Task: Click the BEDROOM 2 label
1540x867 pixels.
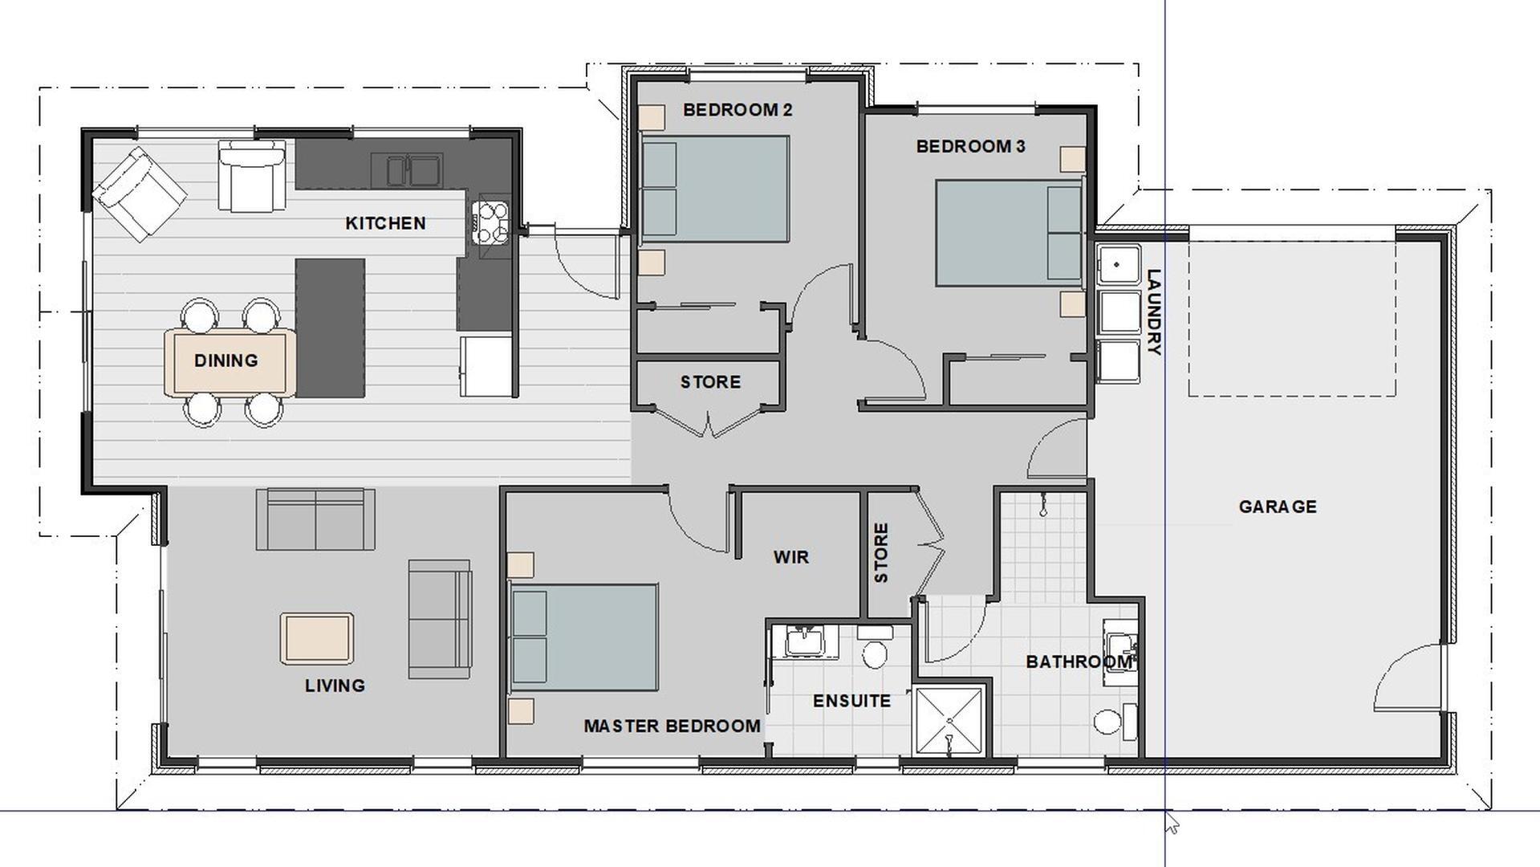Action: point(737,110)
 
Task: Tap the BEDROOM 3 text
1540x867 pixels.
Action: point(971,146)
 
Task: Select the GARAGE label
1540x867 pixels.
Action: point(1278,507)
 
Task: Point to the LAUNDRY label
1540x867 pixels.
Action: point(1154,312)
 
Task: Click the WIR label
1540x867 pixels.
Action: point(791,557)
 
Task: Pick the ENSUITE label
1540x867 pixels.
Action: point(851,701)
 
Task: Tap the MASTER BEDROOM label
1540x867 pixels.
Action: point(672,726)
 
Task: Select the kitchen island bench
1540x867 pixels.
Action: point(331,328)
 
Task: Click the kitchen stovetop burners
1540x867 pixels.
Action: point(490,222)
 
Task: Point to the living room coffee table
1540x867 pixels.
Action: point(317,639)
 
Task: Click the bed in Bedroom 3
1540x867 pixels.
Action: point(1009,233)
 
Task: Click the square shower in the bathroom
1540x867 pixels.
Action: point(949,721)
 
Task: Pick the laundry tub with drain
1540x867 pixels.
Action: point(1119,264)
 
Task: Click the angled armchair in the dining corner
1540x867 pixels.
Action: point(140,193)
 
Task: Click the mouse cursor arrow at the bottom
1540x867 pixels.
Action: point(1172,823)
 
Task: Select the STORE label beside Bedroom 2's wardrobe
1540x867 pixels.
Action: point(710,382)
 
